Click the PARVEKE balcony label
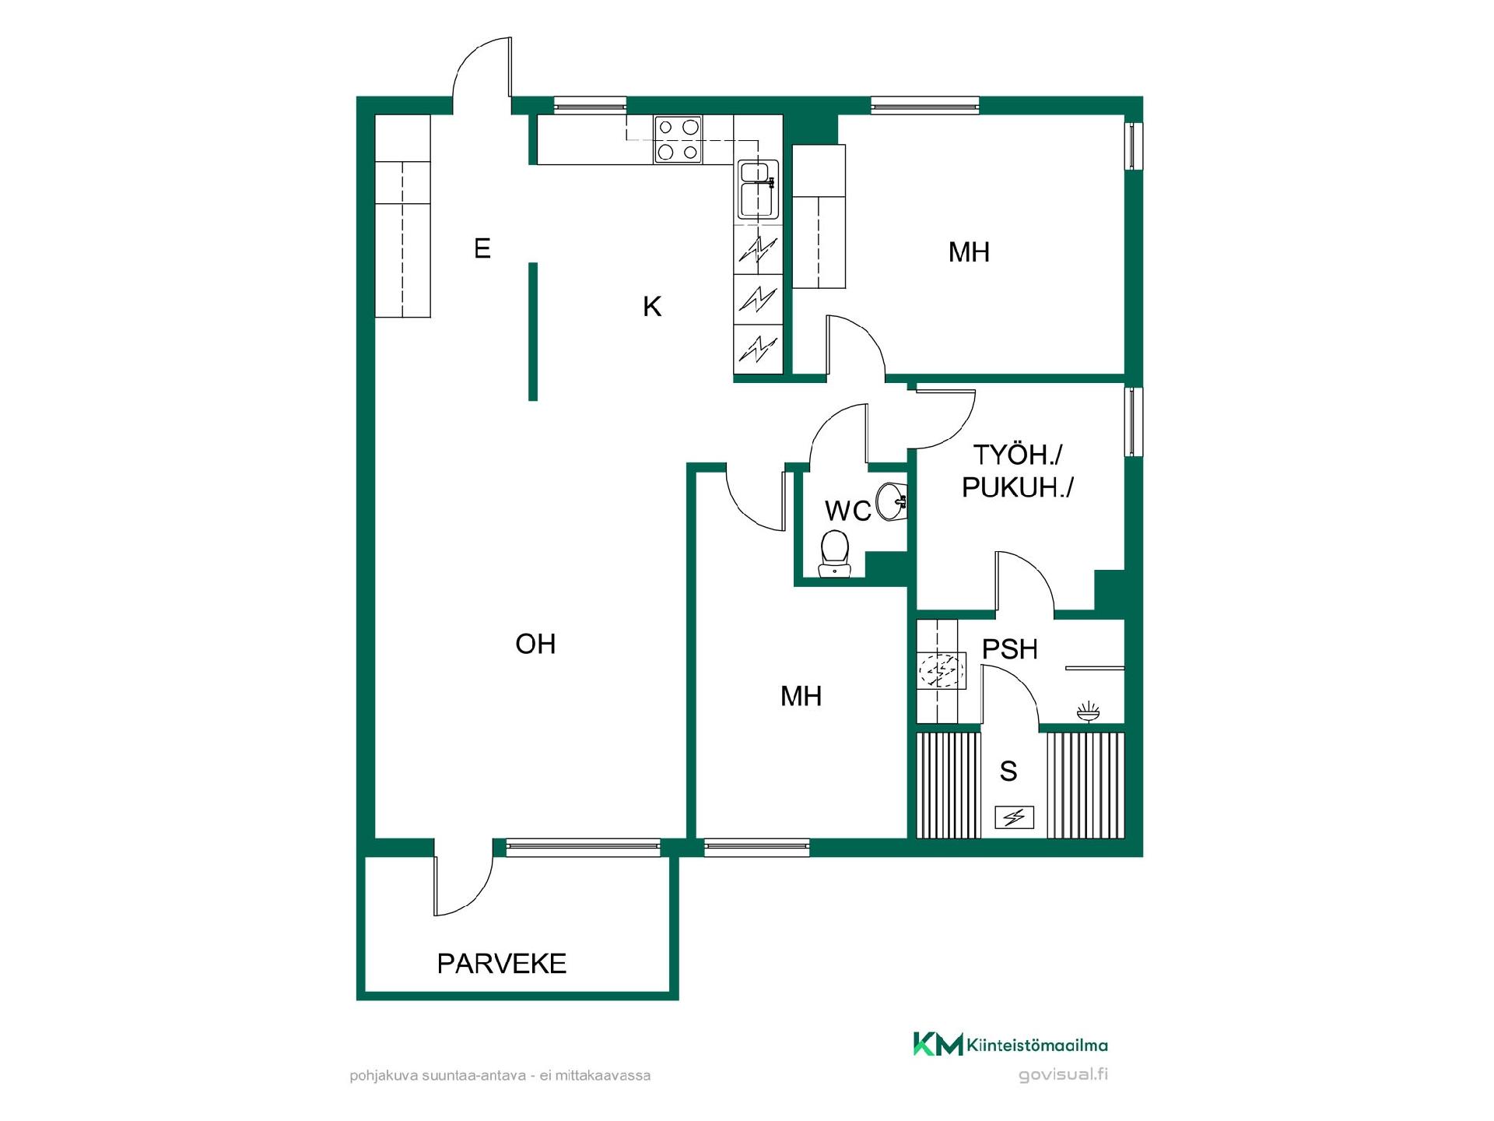click(x=502, y=964)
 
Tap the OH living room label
click(x=535, y=644)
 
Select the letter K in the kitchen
click(x=652, y=307)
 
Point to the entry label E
click(x=482, y=248)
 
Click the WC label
click(x=848, y=511)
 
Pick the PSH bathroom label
click(x=1010, y=649)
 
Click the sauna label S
click(x=1008, y=771)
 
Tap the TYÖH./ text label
click(x=1018, y=455)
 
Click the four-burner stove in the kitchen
click(x=678, y=139)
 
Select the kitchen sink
click(x=757, y=189)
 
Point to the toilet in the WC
click(x=835, y=553)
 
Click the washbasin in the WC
click(x=892, y=501)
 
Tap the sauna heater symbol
click(x=1015, y=817)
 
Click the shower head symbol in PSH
click(x=1088, y=712)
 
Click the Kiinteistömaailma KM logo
click(x=1010, y=1045)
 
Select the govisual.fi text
click(x=1063, y=1075)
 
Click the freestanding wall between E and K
click(x=533, y=332)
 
